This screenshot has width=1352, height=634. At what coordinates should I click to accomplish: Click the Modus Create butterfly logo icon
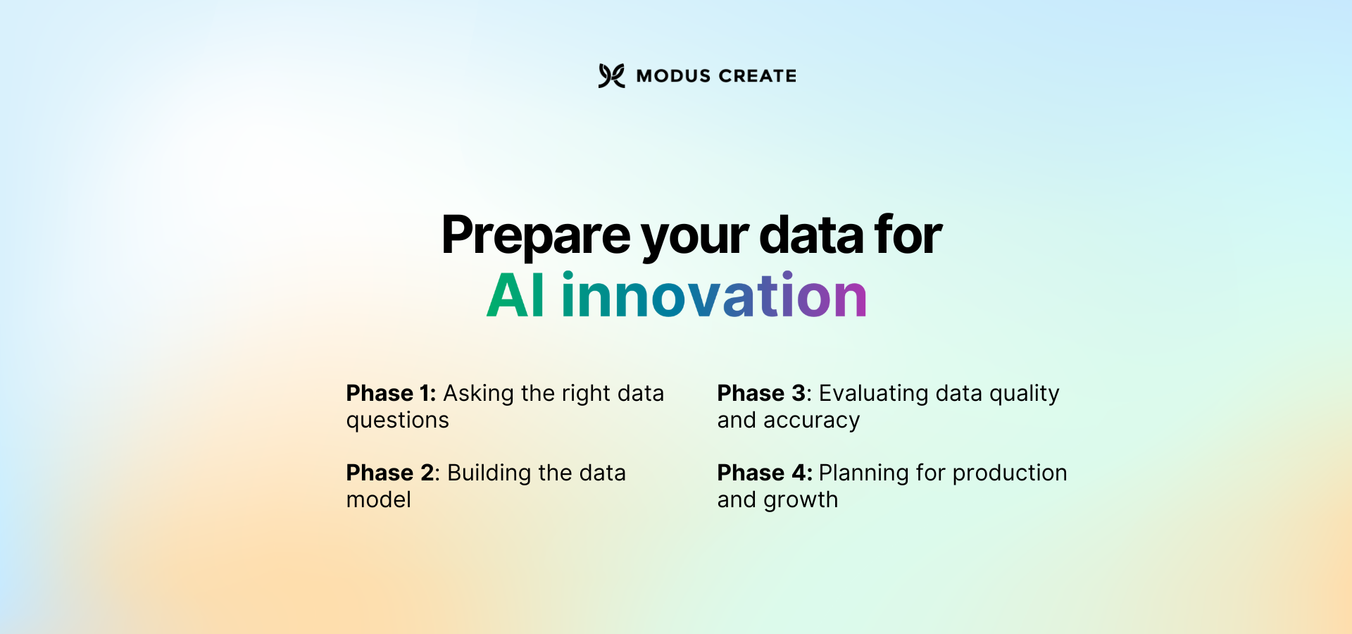611,75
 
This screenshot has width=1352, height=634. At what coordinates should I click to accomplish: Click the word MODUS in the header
673,76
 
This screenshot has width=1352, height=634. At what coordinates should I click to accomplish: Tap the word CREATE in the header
758,76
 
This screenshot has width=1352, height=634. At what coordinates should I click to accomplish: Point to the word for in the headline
908,235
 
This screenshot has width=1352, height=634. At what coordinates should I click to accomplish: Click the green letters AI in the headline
515,296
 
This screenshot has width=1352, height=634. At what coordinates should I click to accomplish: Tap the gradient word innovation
713,296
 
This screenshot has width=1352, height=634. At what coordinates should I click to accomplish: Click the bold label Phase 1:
391,393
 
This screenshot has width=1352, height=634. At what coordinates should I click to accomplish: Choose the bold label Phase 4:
764,473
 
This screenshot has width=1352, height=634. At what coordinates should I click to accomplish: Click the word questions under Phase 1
397,421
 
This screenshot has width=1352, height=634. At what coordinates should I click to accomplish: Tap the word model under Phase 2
378,499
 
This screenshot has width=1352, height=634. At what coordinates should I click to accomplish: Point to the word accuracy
811,421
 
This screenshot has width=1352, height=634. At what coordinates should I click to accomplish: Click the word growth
801,500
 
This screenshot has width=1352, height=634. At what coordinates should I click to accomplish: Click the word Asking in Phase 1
478,393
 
